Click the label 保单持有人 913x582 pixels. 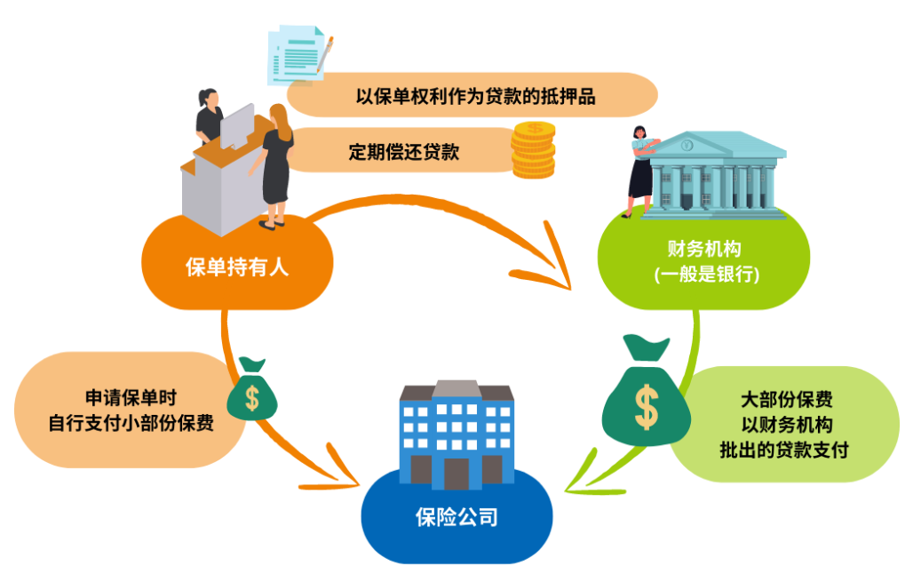[237, 267]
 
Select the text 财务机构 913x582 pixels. [704, 248]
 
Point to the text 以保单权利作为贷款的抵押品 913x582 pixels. [475, 97]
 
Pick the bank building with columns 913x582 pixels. [718, 174]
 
